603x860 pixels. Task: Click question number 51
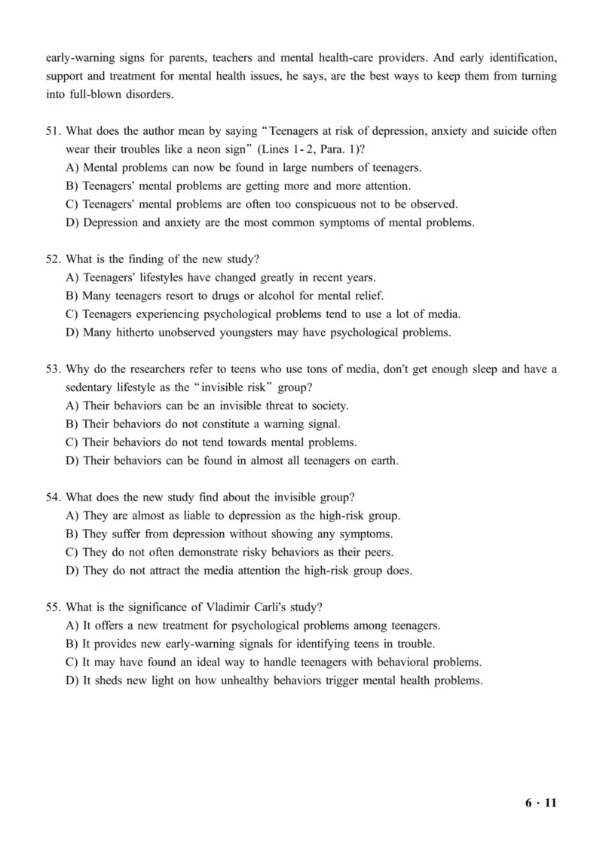pyautogui.click(x=54, y=131)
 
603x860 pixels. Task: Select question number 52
pyautogui.click(x=54, y=259)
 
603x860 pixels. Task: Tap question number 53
pyautogui.click(x=54, y=369)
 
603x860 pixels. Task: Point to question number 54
pyautogui.click(x=54, y=497)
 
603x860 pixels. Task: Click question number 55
pyautogui.click(x=54, y=608)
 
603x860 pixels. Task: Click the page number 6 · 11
pyautogui.click(x=540, y=802)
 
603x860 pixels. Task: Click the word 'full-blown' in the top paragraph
pyautogui.click(x=101, y=94)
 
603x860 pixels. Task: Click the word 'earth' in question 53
pyautogui.click(x=382, y=461)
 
